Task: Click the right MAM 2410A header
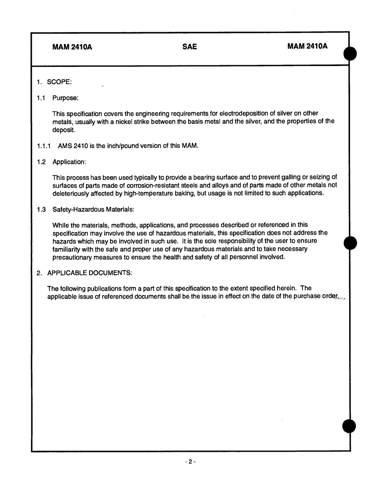[307, 47]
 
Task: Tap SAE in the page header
[190, 47]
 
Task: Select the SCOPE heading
[59, 82]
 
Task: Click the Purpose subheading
[65, 98]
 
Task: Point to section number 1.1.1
[44, 146]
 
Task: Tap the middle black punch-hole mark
[350, 243]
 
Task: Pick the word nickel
[118, 121]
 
